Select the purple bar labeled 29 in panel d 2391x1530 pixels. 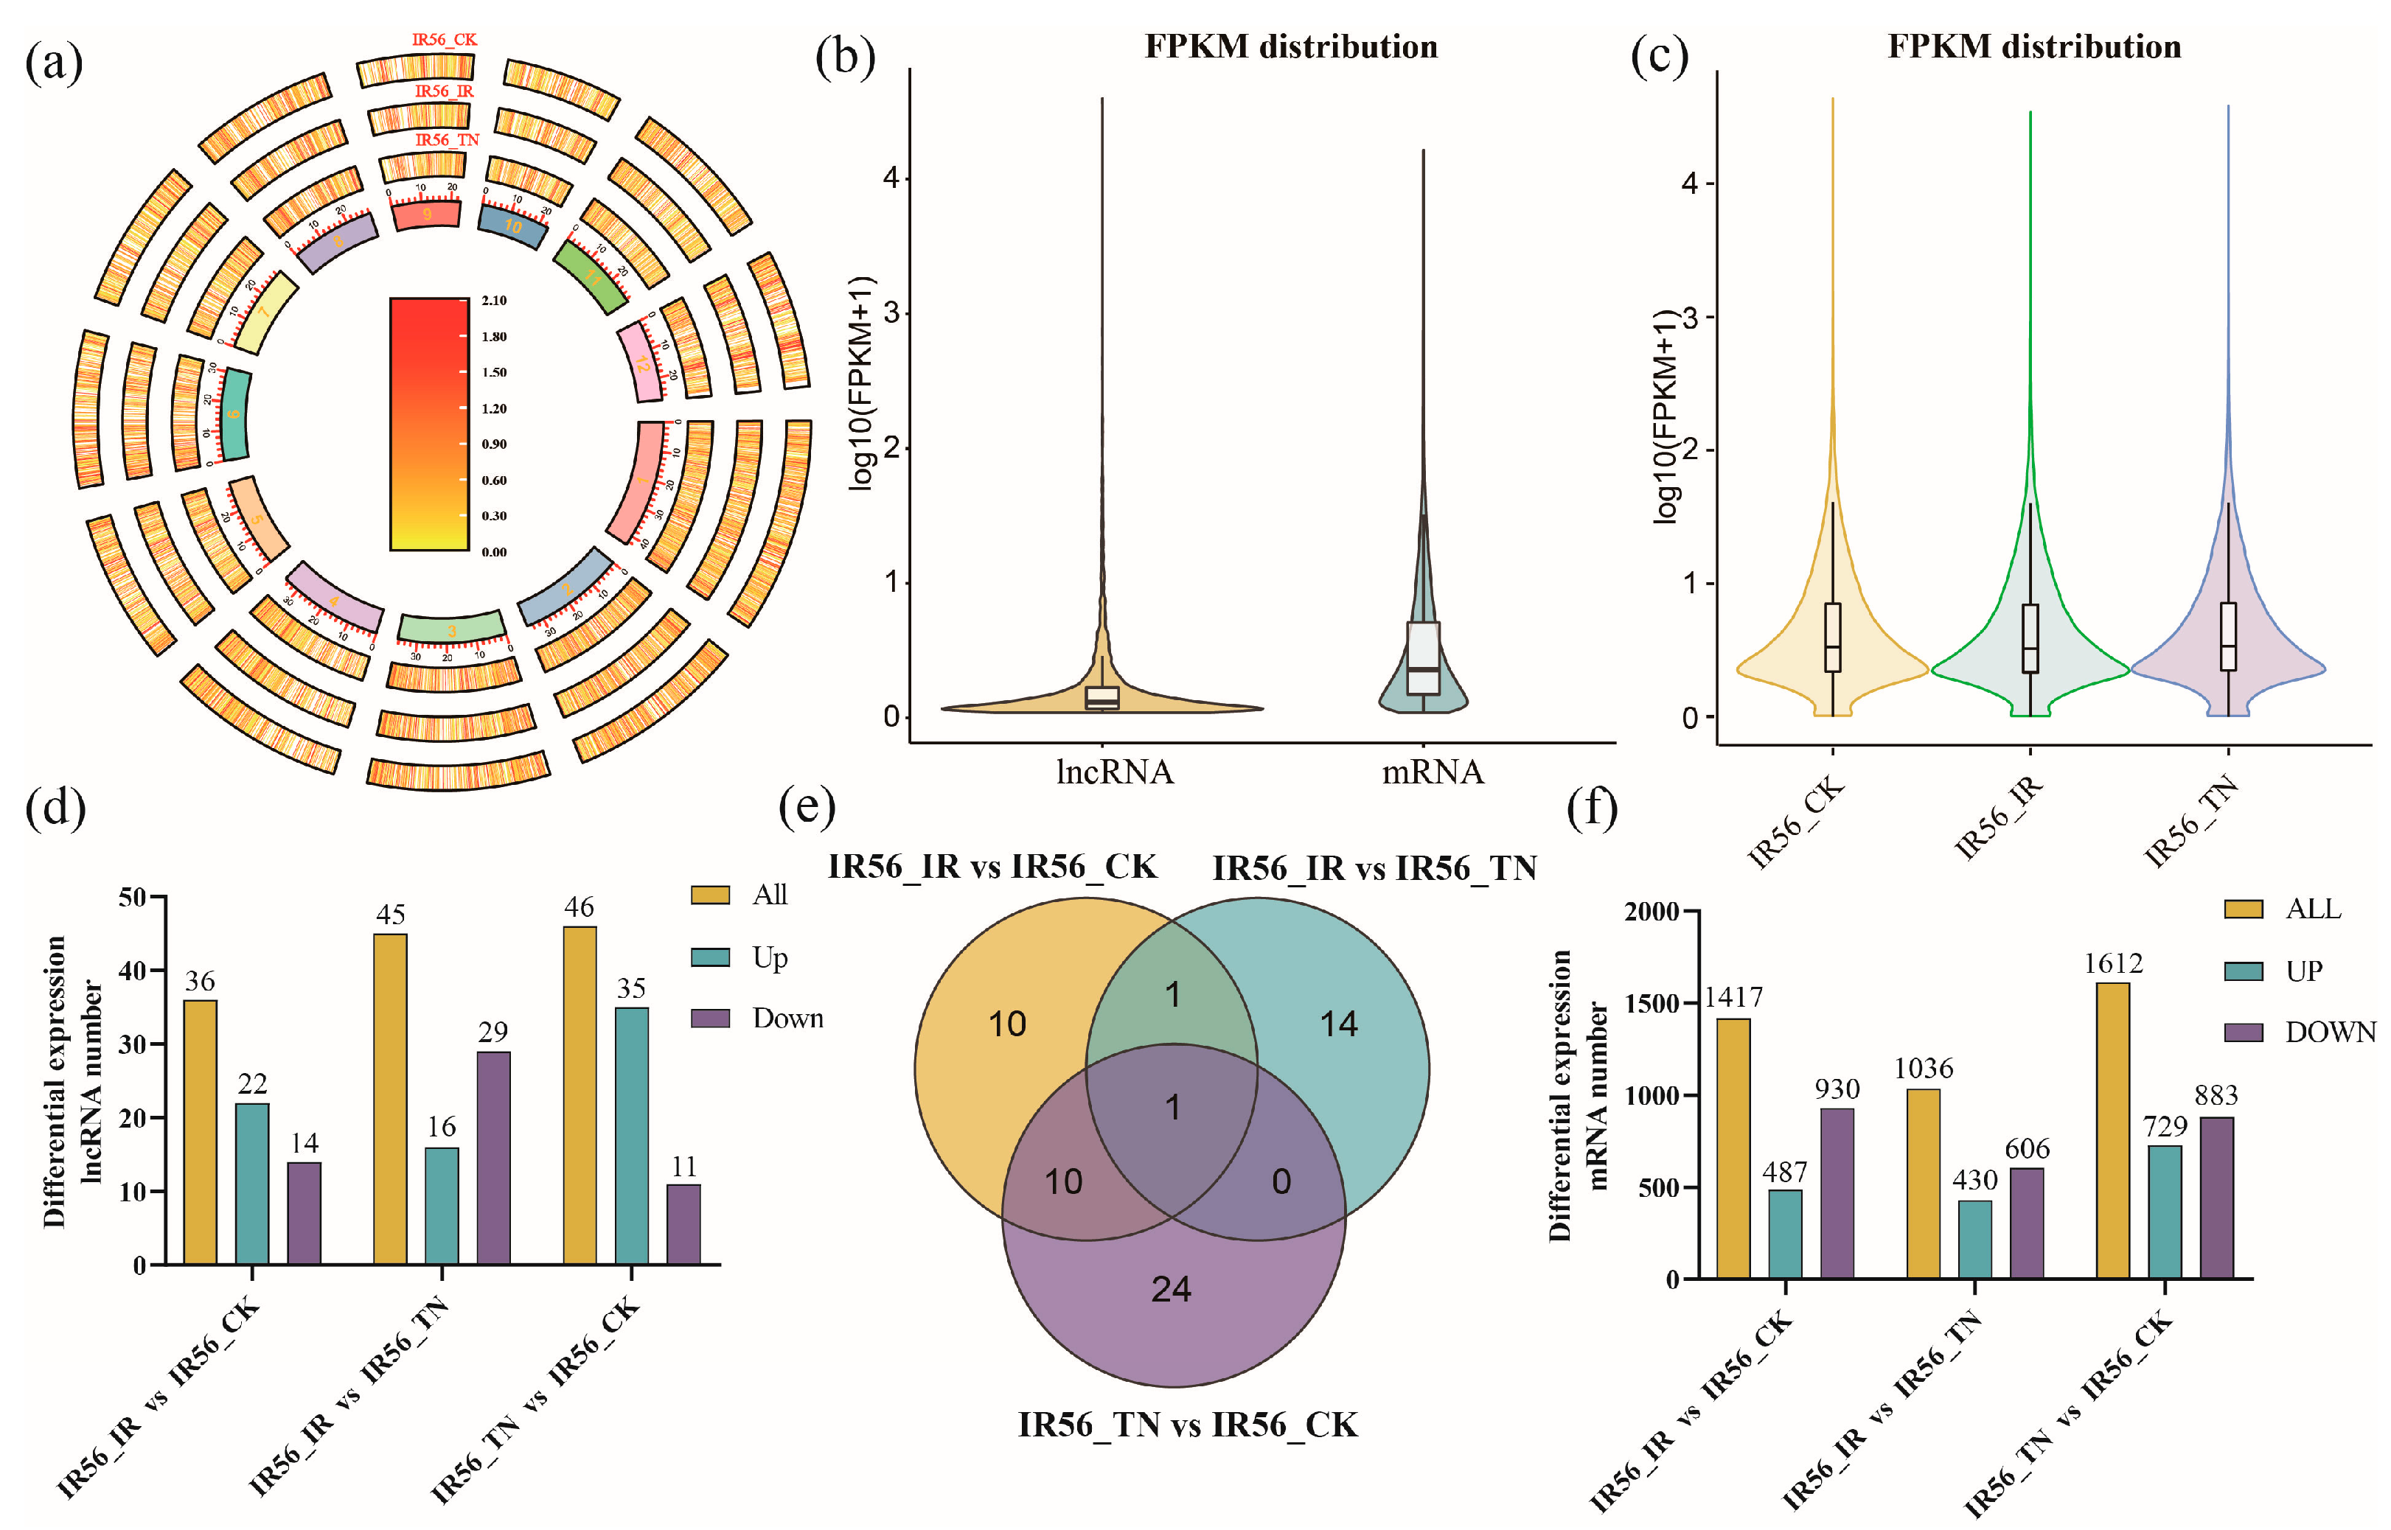point(493,1157)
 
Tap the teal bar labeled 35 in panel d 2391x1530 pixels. point(631,1136)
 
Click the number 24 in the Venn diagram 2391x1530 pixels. point(1171,1288)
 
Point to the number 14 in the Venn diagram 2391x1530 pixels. point(1337,1023)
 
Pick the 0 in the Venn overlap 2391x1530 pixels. point(1281,1181)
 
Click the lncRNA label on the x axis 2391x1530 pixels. point(1114,772)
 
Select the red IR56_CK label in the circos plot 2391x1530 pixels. point(445,40)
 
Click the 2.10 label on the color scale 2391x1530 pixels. point(494,300)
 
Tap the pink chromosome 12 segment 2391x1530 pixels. point(641,363)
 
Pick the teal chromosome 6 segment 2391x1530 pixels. point(234,414)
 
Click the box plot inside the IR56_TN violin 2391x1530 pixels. point(2228,636)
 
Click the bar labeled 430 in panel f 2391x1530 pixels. point(1974,1239)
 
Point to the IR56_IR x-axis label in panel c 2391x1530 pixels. point(1999,817)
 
